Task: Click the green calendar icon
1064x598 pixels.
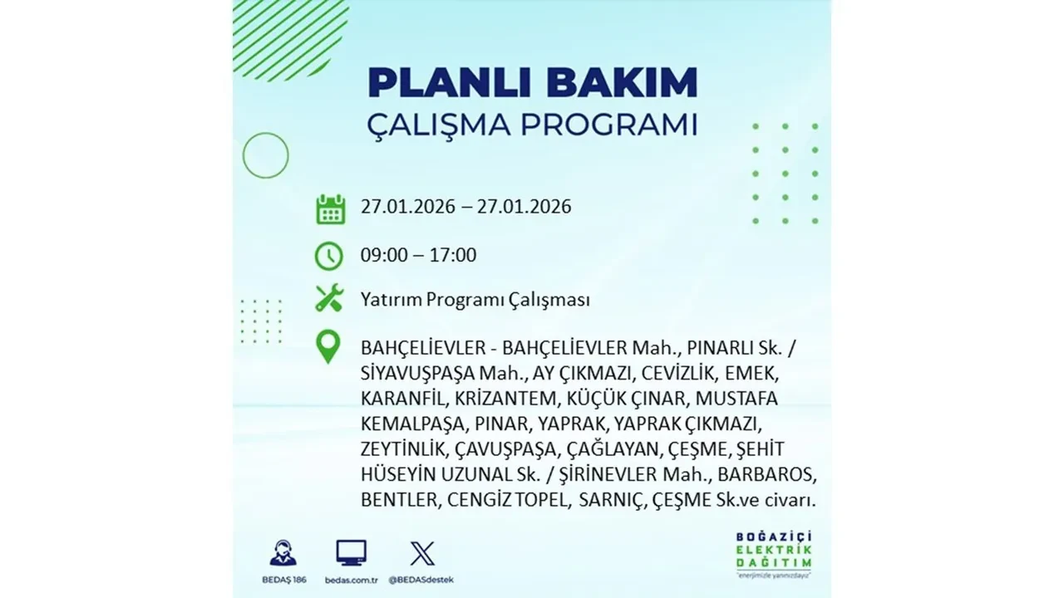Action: pyautogui.click(x=330, y=208)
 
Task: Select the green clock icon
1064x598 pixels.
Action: pyautogui.click(x=329, y=256)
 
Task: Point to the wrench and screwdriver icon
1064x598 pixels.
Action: pyautogui.click(x=329, y=298)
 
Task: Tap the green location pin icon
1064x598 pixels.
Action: pyautogui.click(x=329, y=347)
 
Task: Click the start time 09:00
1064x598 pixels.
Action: pyautogui.click(x=385, y=255)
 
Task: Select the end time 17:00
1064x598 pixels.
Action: pyautogui.click(x=453, y=255)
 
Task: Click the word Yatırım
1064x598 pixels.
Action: pyautogui.click(x=391, y=300)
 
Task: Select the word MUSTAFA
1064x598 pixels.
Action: pyautogui.click(x=736, y=398)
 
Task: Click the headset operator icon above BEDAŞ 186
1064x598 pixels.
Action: pyautogui.click(x=283, y=552)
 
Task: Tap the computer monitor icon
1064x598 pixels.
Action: pyautogui.click(x=351, y=552)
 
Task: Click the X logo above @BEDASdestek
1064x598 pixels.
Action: pyautogui.click(x=422, y=552)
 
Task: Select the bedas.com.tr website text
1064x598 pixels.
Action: pyautogui.click(x=351, y=579)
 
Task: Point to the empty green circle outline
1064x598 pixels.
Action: pyautogui.click(x=265, y=155)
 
